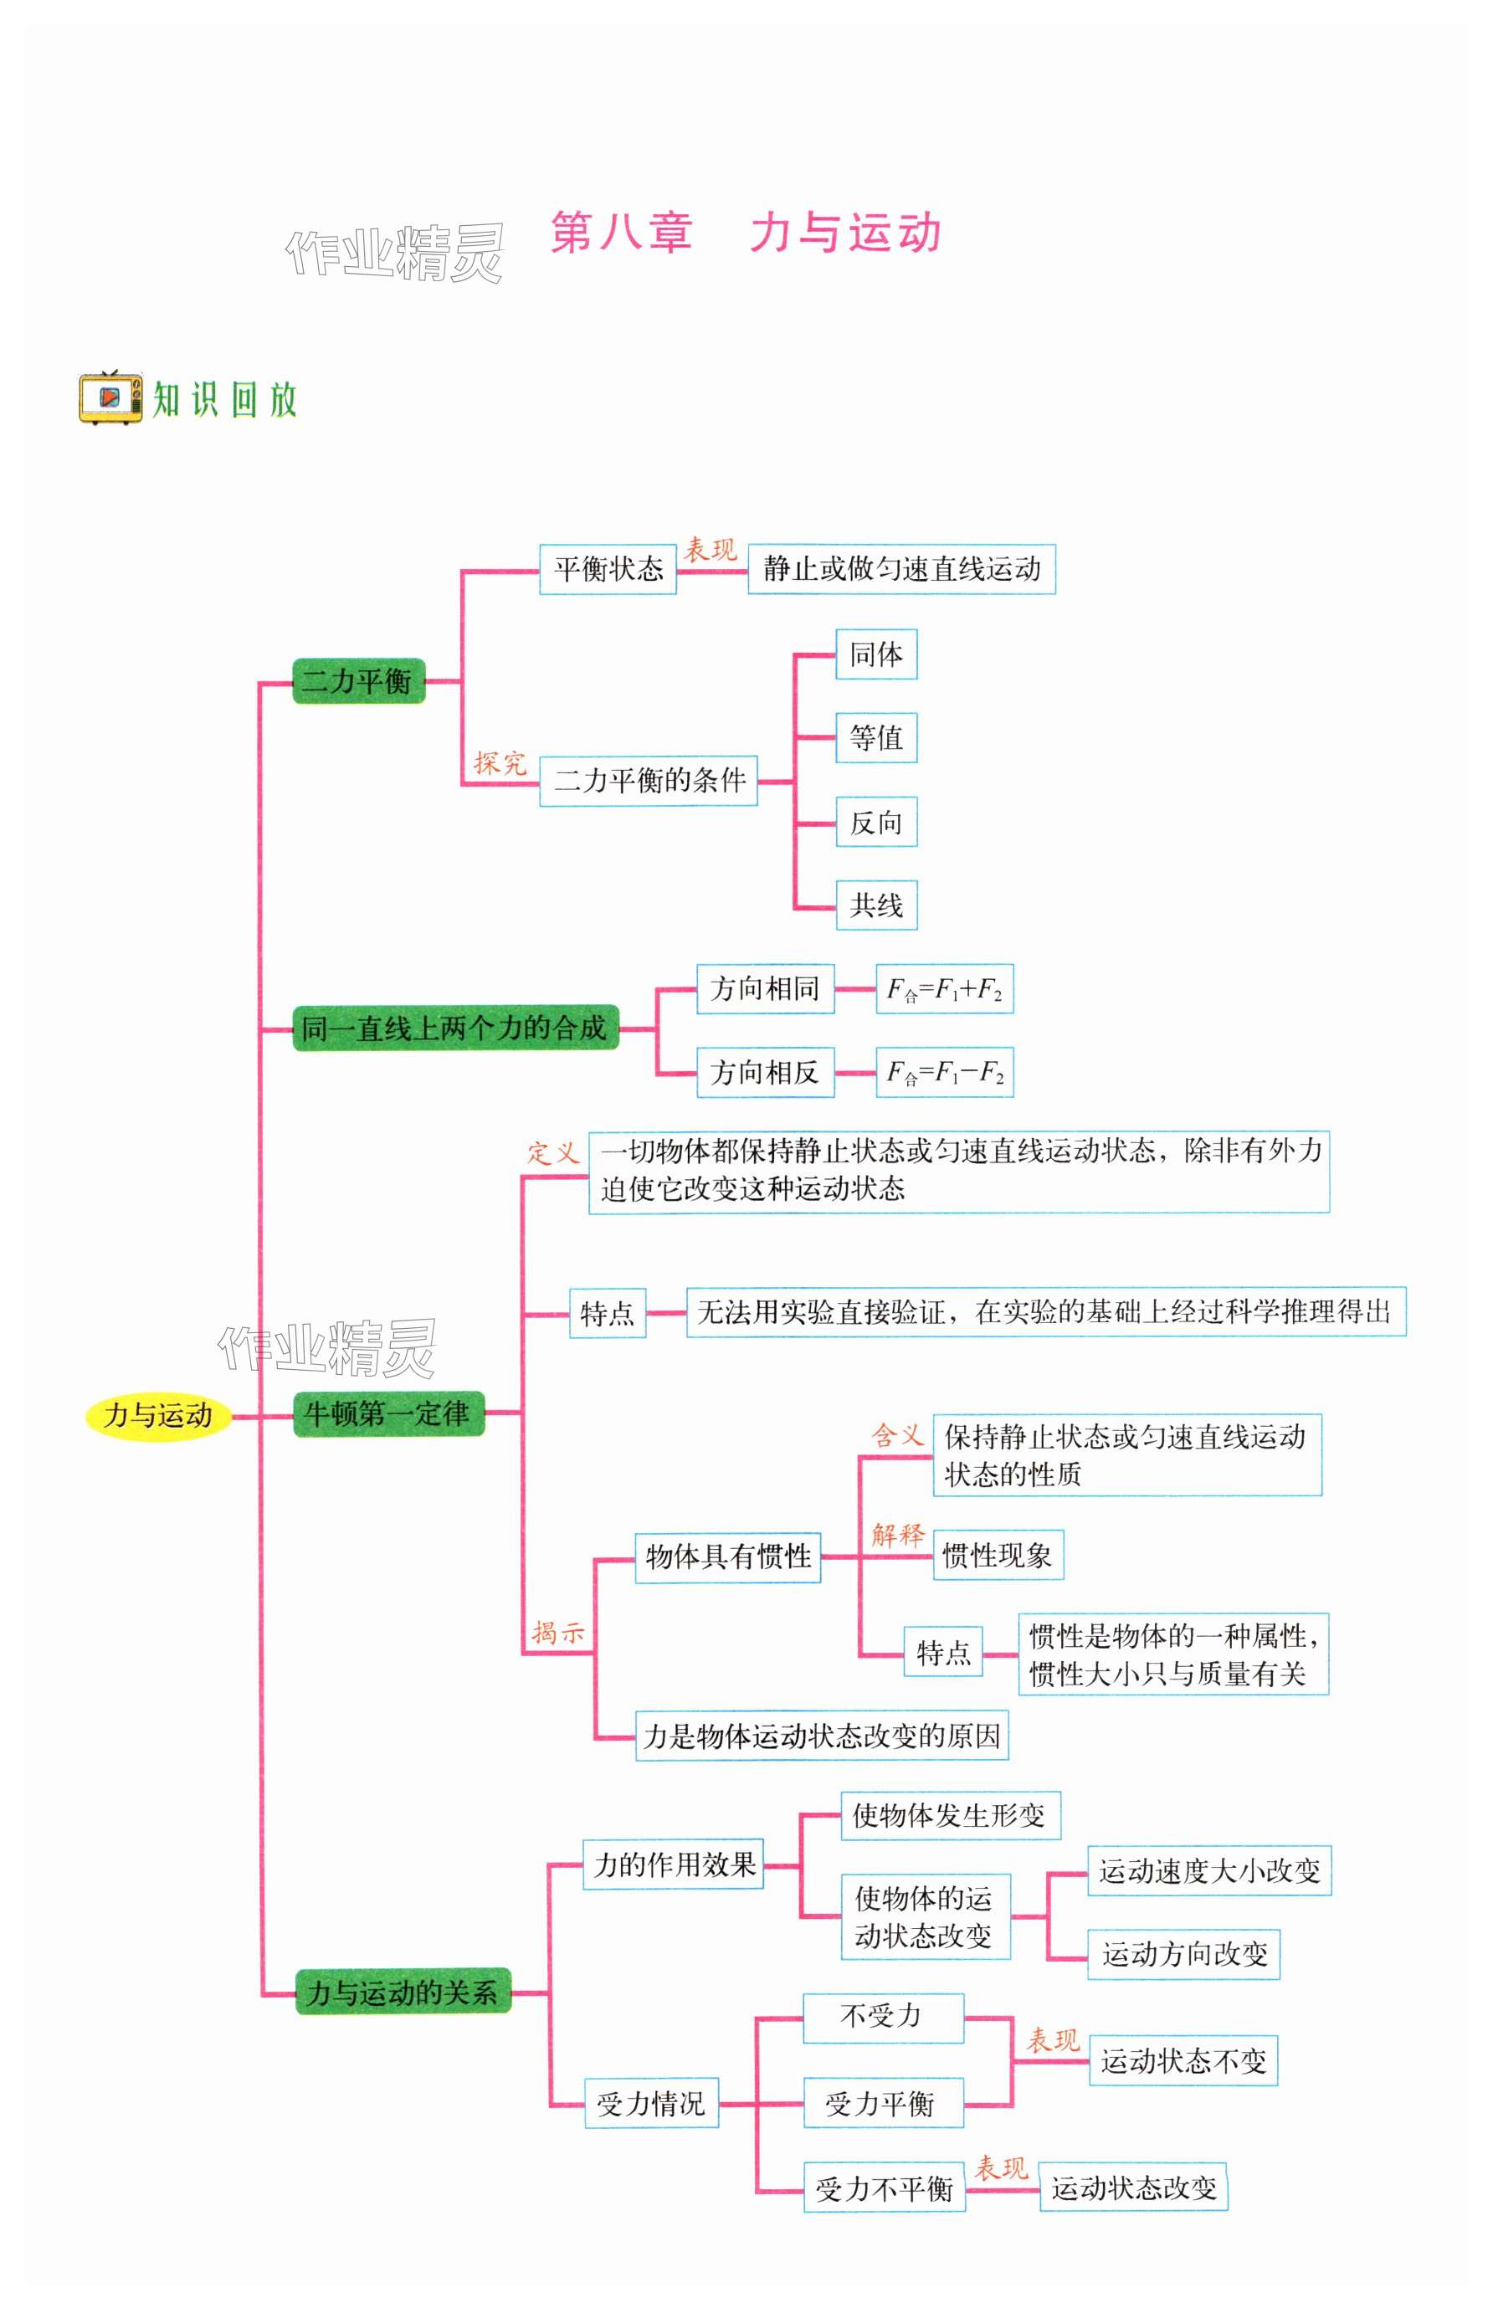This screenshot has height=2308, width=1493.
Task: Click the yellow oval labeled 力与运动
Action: coord(158,1415)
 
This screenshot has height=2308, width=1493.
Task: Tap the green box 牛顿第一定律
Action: coord(387,1414)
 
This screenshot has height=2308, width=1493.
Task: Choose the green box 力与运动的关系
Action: coord(403,1993)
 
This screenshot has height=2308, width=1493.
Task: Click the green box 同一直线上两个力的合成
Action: coord(454,1028)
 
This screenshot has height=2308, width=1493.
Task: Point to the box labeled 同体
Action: coord(876,655)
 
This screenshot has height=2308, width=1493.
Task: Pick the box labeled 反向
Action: coord(876,823)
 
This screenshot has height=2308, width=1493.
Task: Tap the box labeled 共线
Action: coord(876,905)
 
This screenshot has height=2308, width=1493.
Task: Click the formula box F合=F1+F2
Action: coord(944,990)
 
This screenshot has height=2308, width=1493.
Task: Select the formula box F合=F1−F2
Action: coord(944,1072)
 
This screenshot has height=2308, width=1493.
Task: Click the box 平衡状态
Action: coord(608,569)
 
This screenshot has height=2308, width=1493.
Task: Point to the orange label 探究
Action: coord(500,764)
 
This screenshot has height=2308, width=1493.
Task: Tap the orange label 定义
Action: coord(552,1152)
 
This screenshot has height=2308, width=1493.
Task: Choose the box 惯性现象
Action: coord(998,1556)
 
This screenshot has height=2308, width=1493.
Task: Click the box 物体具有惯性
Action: coord(728,1557)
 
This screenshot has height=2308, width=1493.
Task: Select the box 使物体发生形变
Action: coord(950,1816)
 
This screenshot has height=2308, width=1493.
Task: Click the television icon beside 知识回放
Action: coord(110,397)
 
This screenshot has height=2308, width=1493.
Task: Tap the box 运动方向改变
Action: coord(1183,1954)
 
